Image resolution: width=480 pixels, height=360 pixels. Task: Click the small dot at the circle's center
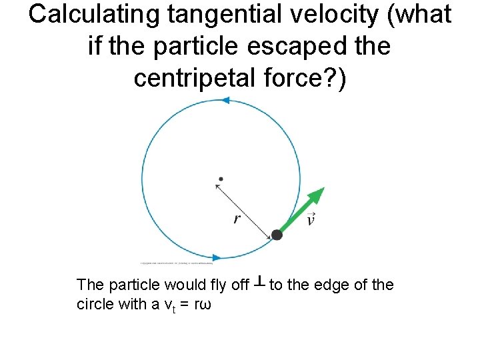click(x=221, y=179)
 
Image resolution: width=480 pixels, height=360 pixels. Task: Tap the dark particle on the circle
click(x=277, y=235)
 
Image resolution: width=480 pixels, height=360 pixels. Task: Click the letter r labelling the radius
click(x=237, y=219)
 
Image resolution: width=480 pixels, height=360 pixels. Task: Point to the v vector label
click(x=310, y=219)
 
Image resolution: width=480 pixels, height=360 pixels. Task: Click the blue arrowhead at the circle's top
click(x=225, y=101)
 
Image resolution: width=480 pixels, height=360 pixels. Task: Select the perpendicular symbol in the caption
click(x=259, y=284)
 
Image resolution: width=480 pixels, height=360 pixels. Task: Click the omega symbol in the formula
click(x=205, y=305)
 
